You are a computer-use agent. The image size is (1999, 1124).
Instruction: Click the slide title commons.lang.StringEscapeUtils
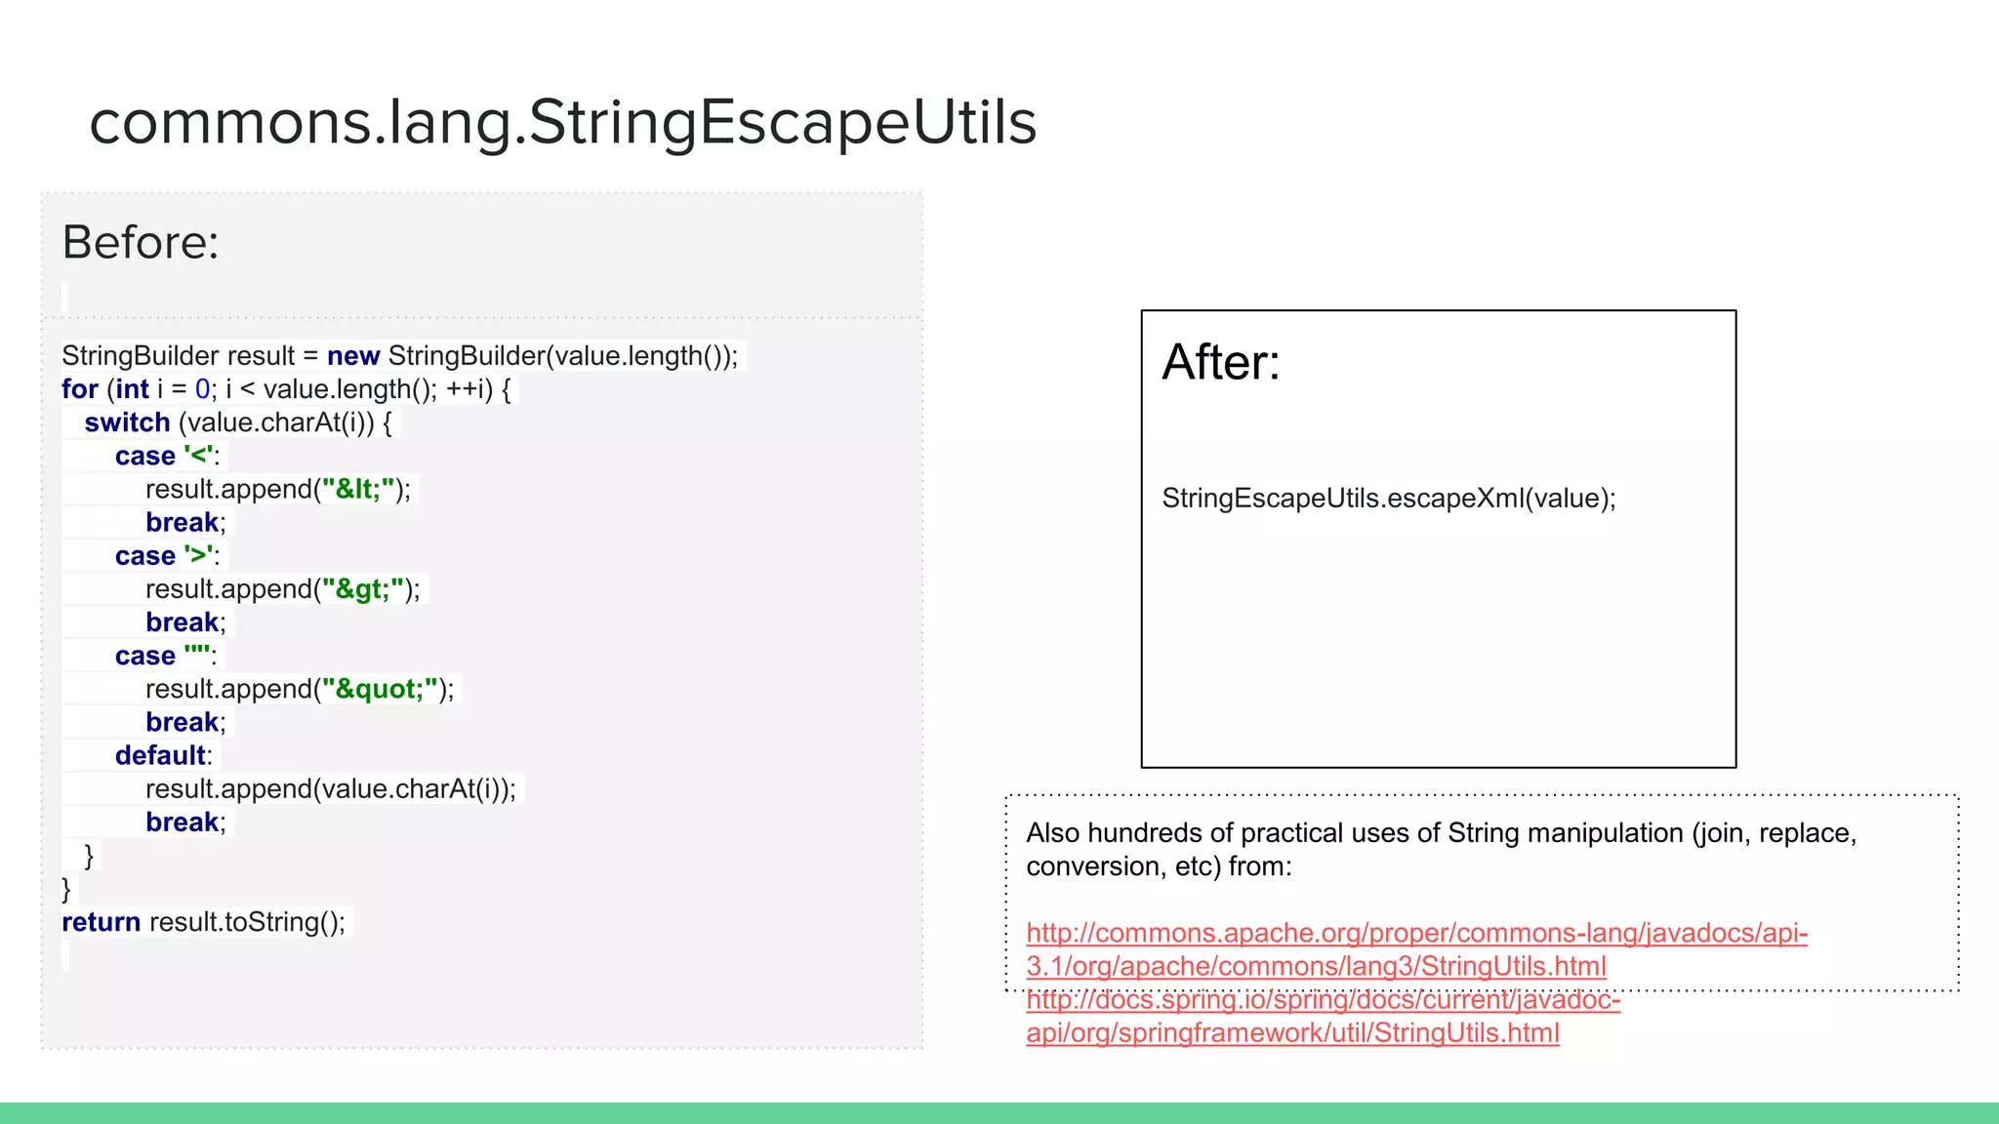(x=562, y=123)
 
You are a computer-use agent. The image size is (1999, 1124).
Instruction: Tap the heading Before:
(x=141, y=242)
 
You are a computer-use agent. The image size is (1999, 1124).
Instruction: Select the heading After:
(x=1220, y=362)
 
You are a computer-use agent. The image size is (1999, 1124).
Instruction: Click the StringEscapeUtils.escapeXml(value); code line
(x=1388, y=499)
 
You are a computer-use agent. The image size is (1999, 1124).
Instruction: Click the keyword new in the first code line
(x=352, y=356)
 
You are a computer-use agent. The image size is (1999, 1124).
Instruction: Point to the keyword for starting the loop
(x=79, y=389)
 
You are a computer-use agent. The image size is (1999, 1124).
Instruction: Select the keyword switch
(x=127, y=422)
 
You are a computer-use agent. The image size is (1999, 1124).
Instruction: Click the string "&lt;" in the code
(x=358, y=489)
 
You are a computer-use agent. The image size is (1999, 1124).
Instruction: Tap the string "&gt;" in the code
(x=362, y=589)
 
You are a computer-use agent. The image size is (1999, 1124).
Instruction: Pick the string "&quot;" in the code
(x=380, y=689)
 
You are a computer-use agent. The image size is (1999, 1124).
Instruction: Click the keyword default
(x=160, y=755)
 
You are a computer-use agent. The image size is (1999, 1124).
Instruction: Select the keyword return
(x=101, y=922)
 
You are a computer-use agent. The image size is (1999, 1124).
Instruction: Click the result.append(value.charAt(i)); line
(x=330, y=788)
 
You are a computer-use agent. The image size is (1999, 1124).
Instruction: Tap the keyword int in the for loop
(x=132, y=389)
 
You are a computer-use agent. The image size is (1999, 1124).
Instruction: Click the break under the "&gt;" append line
(x=182, y=622)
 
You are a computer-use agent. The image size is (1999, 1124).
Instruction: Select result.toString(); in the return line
(x=247, y=922)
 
